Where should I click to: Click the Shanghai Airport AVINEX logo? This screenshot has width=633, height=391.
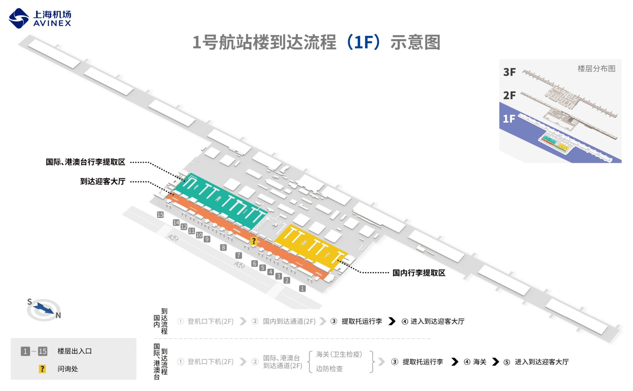(x=40, y=18)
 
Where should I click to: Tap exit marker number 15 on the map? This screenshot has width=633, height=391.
(x=160, y=215)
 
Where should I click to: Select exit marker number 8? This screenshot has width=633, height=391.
(x=224, y=247)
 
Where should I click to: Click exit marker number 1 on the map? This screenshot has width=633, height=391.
(x=302, y=289)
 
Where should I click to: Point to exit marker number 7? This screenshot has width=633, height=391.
(x=239, y=255)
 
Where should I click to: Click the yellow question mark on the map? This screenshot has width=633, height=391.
(x=254, y=241)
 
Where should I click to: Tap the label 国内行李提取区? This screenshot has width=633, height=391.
(x=419, y=273)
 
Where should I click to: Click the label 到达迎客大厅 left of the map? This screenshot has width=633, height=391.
(x=103, y=182)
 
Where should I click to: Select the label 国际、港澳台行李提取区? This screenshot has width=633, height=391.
(x=85, y=162)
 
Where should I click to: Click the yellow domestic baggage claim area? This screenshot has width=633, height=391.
(x=310, y=245)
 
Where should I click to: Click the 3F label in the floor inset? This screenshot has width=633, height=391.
(x=509, y=72)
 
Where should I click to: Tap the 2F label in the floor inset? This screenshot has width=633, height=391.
(x=509, y=96)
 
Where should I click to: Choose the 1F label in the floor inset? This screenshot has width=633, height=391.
(x=509, y=119)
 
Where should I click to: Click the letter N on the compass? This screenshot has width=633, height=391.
(x=58, y=316)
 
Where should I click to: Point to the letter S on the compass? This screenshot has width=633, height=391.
(x=30, y=302)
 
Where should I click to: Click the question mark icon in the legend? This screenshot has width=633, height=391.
(x=42, y=369)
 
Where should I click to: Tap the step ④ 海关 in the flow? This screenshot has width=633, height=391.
(x=475, y=362)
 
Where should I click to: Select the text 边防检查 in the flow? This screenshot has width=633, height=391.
(x=329, y=369)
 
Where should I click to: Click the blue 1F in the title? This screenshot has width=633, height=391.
(x=364, y=42)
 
